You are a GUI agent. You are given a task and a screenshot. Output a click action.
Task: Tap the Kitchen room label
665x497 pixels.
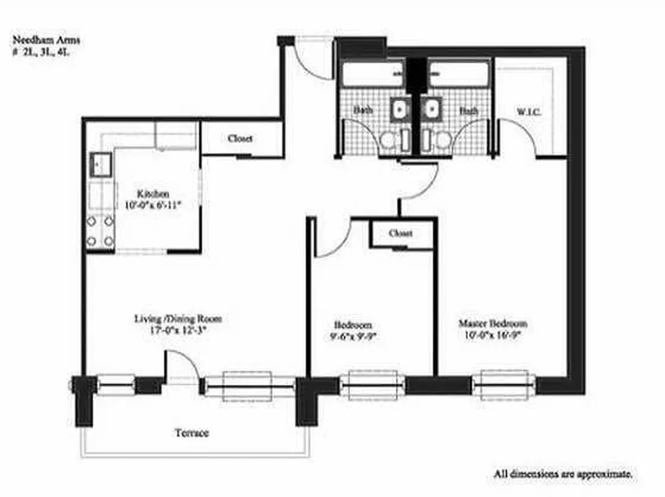click(152, 194)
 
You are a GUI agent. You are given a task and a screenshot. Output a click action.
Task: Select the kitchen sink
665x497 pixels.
click(101, 165)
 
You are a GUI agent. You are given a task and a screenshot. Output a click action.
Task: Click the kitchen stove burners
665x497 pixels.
click(101, 230)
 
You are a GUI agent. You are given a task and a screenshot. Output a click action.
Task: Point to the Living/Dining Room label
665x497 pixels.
click(178, 319)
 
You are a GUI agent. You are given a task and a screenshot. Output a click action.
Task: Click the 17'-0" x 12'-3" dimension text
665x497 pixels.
click(178, 331)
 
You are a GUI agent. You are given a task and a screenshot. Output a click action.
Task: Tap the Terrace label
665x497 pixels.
click(191, 432)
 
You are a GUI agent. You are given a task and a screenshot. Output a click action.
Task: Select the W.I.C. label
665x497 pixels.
click(529, 112)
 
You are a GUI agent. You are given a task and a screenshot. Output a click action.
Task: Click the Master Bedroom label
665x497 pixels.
click(493, 324)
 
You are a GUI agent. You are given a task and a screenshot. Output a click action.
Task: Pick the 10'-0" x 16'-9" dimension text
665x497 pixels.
click(493, 335)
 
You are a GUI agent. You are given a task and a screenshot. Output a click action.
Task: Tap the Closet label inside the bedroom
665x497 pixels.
click(401, 234)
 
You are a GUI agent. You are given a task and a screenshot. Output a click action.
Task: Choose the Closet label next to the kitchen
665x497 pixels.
click(240, 139)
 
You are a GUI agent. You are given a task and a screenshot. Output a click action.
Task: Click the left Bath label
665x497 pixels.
click(364, 111)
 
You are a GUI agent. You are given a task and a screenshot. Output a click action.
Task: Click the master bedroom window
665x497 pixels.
click(501, 385)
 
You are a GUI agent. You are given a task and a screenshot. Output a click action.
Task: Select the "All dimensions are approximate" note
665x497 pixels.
click(564, 474)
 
